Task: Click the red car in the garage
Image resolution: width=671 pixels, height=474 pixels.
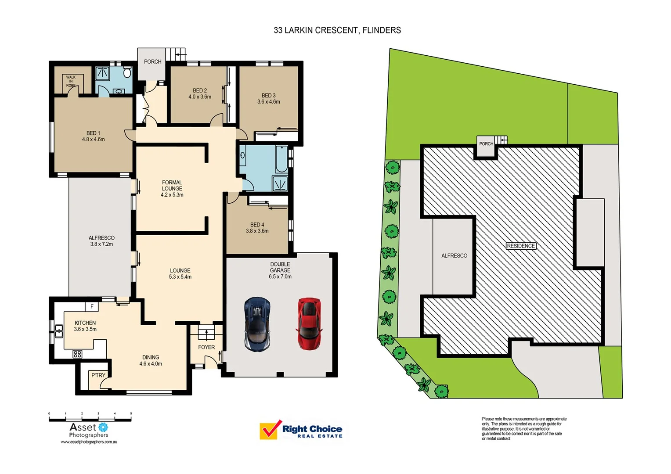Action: (310, 324)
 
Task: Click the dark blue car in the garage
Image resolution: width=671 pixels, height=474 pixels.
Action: (257, 324)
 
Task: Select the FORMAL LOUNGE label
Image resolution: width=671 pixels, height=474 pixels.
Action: (172, 186)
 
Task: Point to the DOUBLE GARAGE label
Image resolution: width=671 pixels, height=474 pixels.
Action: (280, 267)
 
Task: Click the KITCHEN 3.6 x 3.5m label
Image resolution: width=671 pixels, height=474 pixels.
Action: (85, 326)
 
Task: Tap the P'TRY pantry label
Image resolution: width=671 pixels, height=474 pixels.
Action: (98, 376)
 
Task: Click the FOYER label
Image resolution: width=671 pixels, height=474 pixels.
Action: (206, 347)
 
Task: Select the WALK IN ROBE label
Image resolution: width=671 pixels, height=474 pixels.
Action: (71, 81)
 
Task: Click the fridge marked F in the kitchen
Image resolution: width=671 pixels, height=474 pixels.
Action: (92, 306)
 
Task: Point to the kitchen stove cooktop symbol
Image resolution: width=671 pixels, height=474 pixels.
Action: (77, 354)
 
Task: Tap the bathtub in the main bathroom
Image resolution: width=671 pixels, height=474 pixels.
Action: (281, 159)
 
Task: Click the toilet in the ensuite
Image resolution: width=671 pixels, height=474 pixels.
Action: (127, 72)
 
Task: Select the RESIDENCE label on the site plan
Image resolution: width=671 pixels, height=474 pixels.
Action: (521, 246)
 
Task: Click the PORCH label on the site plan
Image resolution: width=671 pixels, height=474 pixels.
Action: (486, 144)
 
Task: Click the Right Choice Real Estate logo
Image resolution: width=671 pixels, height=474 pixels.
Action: (301, 430)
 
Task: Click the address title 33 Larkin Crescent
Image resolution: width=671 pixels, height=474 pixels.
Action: (337, 30)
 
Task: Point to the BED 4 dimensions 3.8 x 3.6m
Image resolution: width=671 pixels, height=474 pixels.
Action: (257, 231)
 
